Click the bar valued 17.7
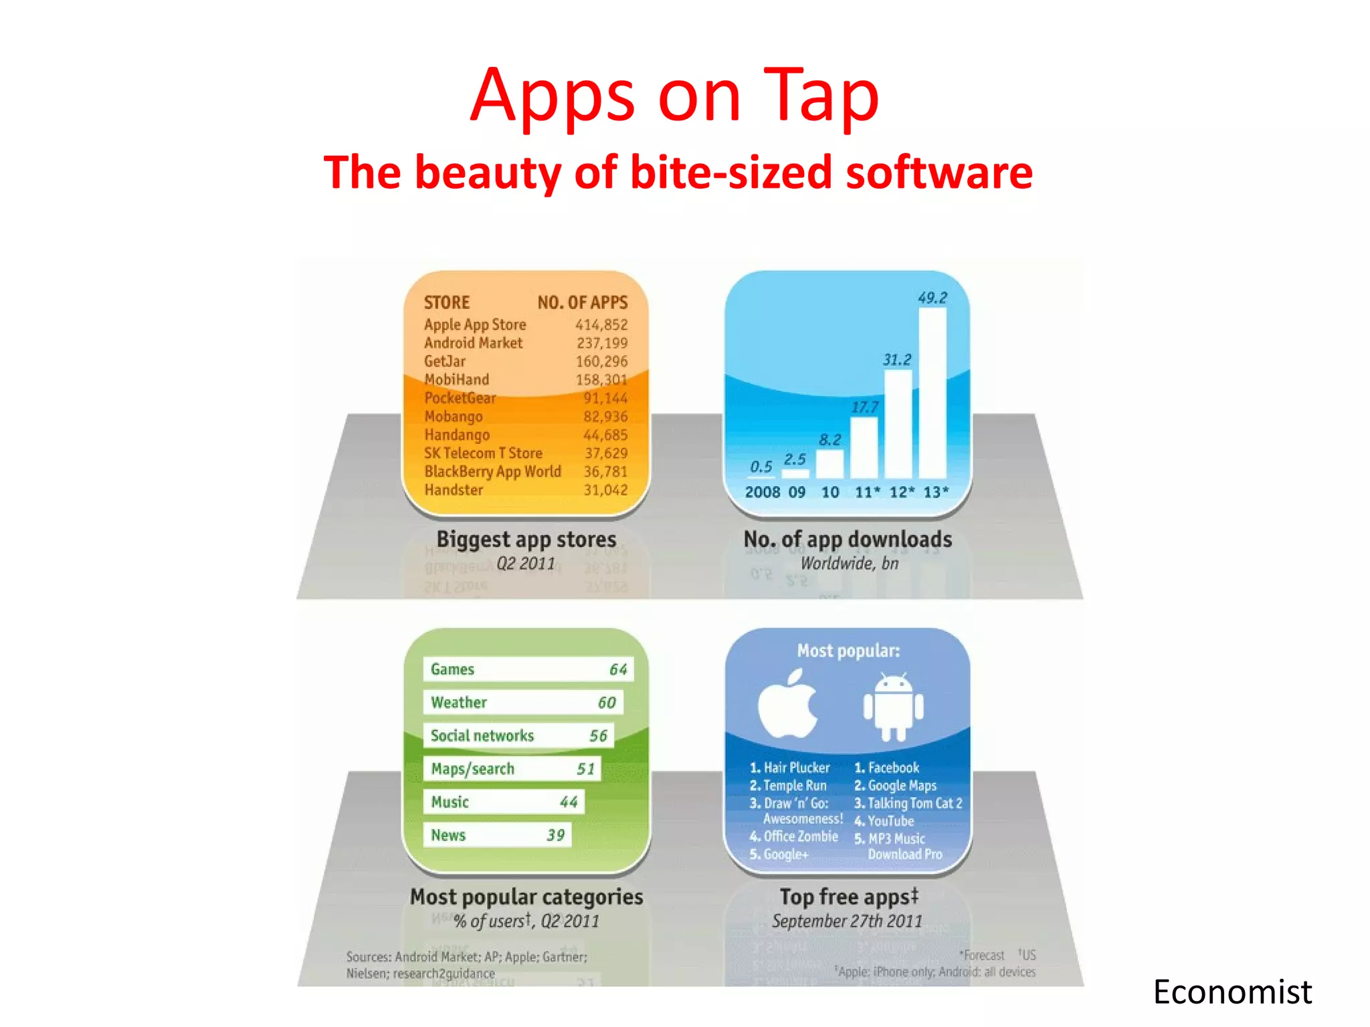[864, 447]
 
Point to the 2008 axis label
[762, 493]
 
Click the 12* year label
[901, 493]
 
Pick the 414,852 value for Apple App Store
[601, 325]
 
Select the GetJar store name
[445, 362]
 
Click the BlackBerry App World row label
[492, 471]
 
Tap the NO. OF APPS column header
[583, 303]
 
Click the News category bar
[497, 835]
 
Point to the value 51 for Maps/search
[585, 769]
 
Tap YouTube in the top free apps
[890, 821]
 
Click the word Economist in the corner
[1232, 992]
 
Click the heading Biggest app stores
[526, 540]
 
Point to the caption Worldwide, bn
[850, 564]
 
